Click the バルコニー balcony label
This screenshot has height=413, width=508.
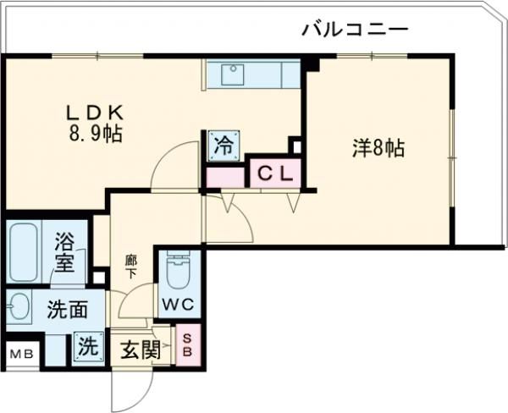[355, 30]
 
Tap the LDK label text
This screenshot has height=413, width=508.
[96, 113]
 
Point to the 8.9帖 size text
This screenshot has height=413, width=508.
[96, 135]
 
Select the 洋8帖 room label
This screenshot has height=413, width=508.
[378, 149]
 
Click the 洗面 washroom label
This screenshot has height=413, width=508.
[67, 310]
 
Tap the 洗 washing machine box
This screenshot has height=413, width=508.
[86, 346]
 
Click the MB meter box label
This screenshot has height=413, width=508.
[22, 354]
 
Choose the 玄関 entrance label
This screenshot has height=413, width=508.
[140, 350]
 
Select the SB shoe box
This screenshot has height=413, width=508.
[188, 344]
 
